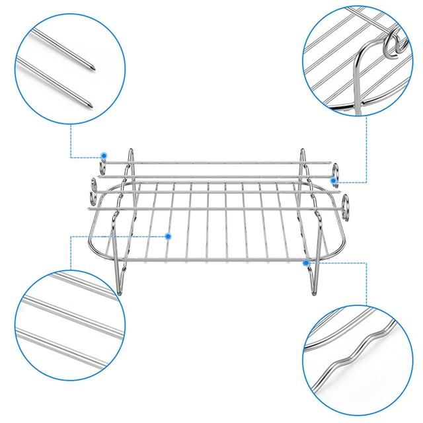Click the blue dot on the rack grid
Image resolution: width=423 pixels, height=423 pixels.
(169, 236)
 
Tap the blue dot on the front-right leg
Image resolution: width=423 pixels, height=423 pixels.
(306, 263)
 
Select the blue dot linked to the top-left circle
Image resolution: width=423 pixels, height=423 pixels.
(104, 156)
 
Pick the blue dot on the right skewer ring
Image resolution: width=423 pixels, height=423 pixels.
(334, 180)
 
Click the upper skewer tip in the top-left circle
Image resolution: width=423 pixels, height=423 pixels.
(93, 67)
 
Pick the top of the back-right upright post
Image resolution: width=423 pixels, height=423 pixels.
(303, 150)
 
